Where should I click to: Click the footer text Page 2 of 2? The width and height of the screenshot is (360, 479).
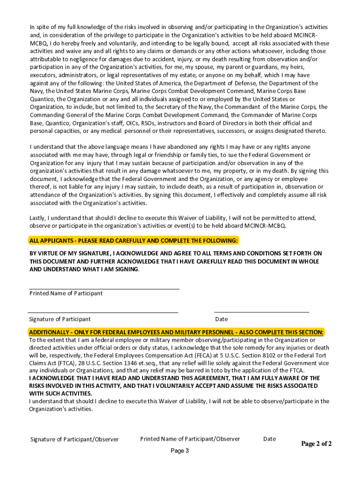point(317,443)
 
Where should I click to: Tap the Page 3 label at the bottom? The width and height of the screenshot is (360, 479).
point(180,451)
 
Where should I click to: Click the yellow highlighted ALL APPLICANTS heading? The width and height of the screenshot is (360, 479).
point(134,240)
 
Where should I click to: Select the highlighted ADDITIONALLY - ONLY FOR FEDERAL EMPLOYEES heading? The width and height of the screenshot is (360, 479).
point(176,332)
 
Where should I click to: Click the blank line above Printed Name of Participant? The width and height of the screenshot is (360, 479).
point(104,289)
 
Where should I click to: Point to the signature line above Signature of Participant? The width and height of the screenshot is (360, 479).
point(103,312)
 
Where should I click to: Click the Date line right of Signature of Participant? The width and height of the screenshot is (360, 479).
point(261,312)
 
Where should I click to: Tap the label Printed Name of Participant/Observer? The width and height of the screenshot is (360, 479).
point(190,439)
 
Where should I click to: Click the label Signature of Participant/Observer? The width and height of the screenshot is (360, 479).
point(74,439)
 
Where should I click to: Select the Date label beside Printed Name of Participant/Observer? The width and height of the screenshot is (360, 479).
point(269,439)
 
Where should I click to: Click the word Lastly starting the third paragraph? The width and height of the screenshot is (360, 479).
point(38,218)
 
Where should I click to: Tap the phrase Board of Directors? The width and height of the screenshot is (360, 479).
point(227,123)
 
